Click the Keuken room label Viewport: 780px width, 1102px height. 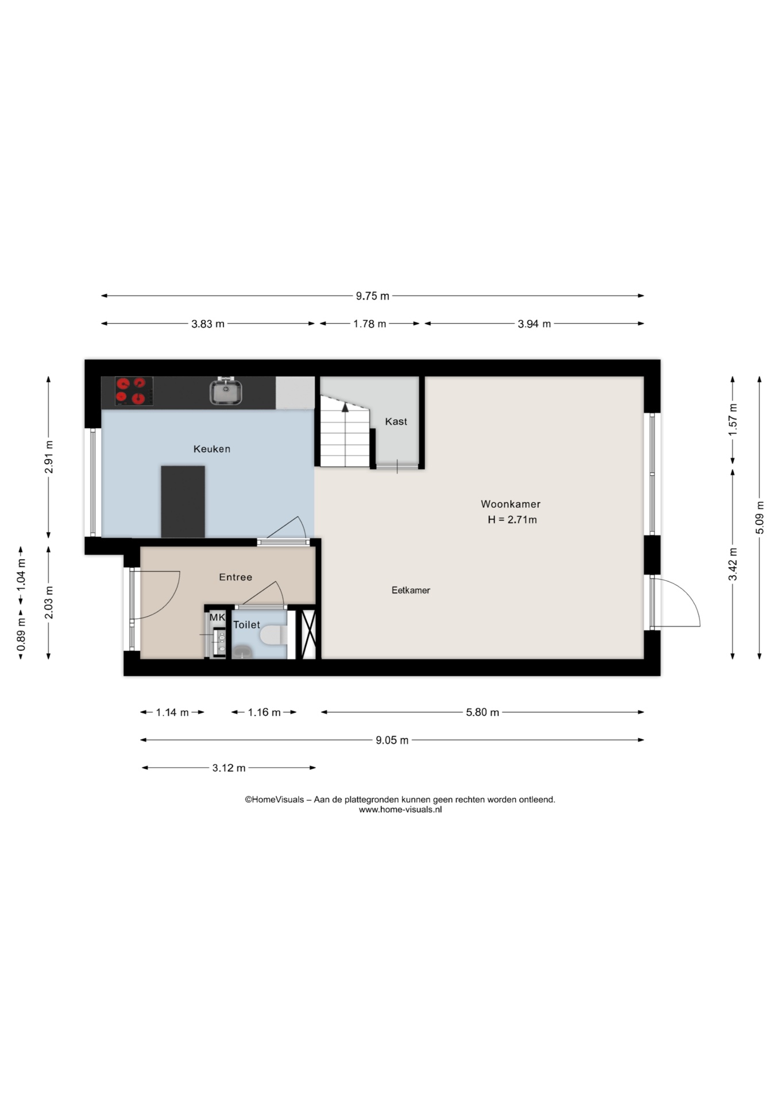coord(211,449)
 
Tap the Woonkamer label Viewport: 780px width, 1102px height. coord(510,504)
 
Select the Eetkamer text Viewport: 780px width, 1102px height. coord(411,590)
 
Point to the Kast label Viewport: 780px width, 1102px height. coord(396,421)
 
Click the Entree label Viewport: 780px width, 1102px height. coord(235,577)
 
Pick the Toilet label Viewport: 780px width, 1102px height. coord(246,624)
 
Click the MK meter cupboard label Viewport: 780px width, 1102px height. coord(217,618)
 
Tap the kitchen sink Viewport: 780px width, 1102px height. coord(226,392)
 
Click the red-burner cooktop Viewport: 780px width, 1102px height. coord(134,391)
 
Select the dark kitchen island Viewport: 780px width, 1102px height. coord(183,502)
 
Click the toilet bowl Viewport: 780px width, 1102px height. coord(273,635)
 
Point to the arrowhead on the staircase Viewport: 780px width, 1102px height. coord(345,407)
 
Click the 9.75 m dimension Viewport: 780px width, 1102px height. coord(372,296)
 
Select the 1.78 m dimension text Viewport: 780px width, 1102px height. coord(369,324)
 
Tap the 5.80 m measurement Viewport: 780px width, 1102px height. coord(482,712)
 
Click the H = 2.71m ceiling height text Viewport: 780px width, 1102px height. coord(512,519)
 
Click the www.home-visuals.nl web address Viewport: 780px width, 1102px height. coord(400,810)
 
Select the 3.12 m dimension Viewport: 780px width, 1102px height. coord(229,768)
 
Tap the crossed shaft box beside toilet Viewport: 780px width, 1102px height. coord(309,634)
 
